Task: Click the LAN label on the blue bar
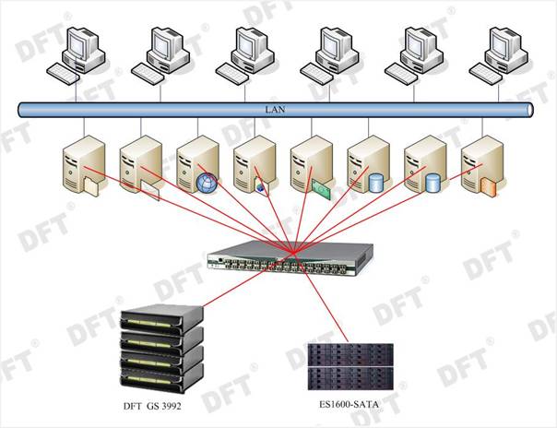[x=274, y=110]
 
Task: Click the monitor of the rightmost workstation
[x=506, y=42]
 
